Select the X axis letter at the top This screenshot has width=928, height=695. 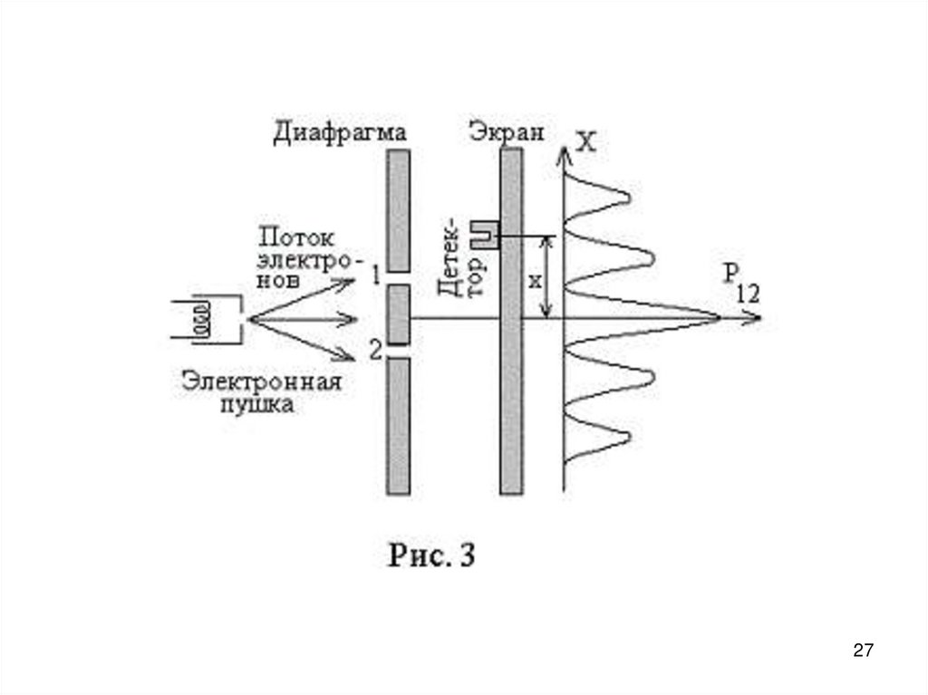(x=587, y=142)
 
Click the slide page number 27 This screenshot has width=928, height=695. (x=864, y=650)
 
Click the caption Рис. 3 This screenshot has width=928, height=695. (x=432, y=555)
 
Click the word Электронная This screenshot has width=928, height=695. (x=260, y=381)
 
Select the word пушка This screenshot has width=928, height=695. (x=259, y=405)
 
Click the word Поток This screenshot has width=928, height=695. (x=297, y=238)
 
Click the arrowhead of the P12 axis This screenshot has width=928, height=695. (x=755, y=318)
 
